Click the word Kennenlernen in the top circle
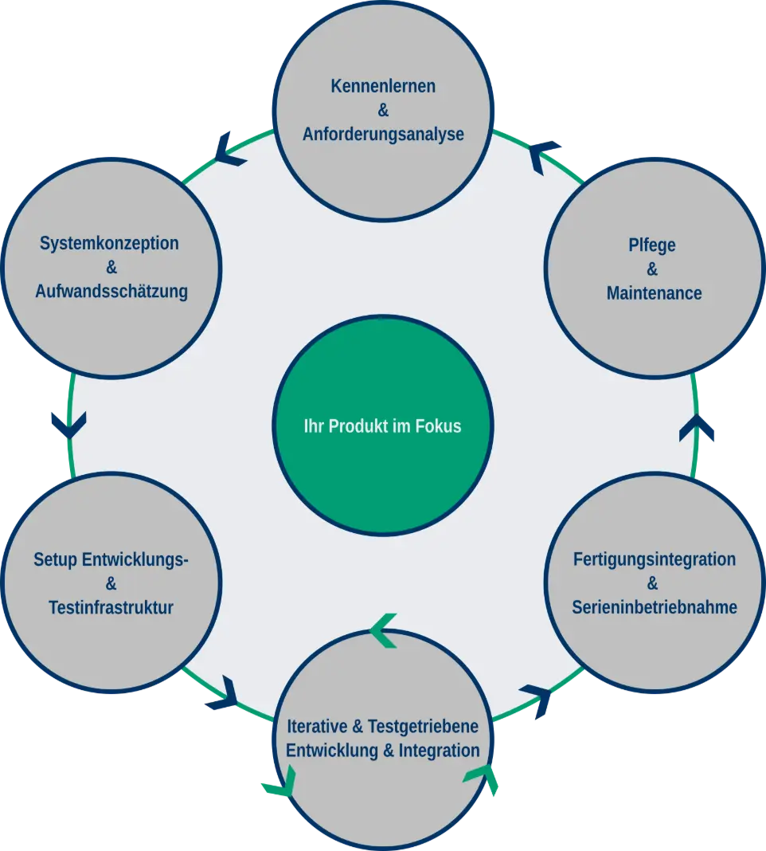(383, 86)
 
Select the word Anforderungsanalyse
(383, 134)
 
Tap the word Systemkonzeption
(109, 244)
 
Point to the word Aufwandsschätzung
(111, 292)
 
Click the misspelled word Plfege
(651, 245)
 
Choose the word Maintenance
(654, 293)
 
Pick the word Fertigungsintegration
(654, 559)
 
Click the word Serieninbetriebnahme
(654, 607)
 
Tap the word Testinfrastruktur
(111, 608)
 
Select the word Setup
(55, 560)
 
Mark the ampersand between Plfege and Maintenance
(652, 269)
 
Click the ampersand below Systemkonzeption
(111, 268)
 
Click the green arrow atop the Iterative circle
(384, 630)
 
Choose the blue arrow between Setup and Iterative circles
(224, 693)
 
